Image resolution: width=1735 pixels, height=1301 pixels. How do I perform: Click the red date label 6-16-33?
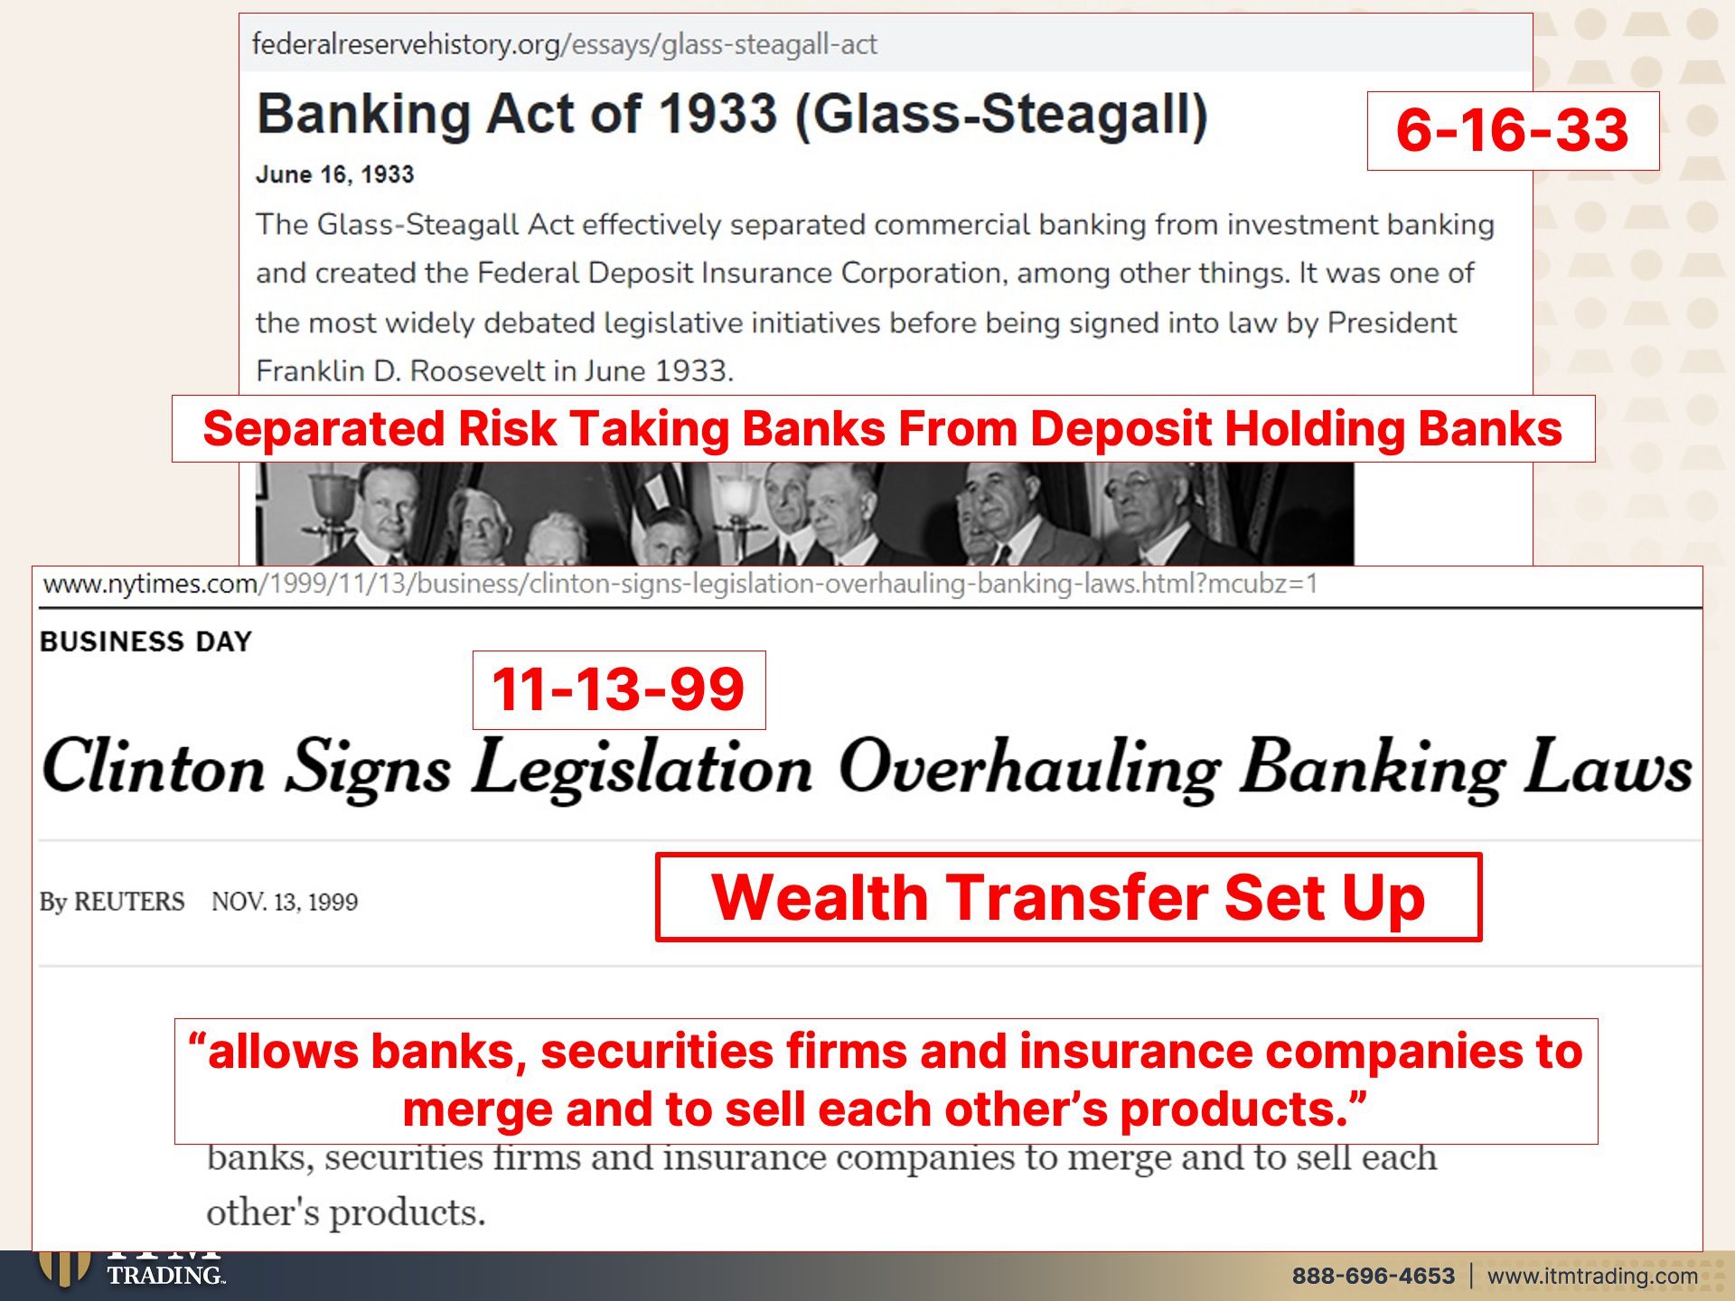pyautogui.click(x=1512, y=130)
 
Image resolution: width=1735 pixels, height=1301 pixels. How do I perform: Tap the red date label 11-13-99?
pyautogui.click(x=618, y=689)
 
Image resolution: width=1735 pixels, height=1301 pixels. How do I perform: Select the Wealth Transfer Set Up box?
pyautogui.click(x=1068, y=897)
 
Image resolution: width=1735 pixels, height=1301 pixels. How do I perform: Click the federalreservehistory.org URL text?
pyautogui.click(x=565, y=44)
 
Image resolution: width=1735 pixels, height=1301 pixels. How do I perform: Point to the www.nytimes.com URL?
pyautogui.click(x=680, y=584)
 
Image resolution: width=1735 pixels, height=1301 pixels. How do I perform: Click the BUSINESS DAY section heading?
pyautogui.click(x=146, y=641)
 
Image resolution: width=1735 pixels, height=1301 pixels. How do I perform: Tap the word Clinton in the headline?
pyautogui.click(x=154, y=768)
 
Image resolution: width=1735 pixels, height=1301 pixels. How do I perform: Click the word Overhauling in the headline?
pyautogui.click(x=1030, y=768)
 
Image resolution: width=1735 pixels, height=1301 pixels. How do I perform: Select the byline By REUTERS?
pyautogui.click(x=112, y=902)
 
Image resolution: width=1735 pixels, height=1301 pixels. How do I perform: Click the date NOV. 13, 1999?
pyautogui.click(x=285, y=902)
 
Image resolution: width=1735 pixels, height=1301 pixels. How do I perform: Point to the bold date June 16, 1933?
pyautogui.click(x=335, y=174)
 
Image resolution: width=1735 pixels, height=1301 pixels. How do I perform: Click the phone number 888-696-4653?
pyautogui.click(x=1374, y=1276)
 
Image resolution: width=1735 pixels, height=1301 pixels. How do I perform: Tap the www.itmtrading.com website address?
pyautogui.click(x=1593, y=1276)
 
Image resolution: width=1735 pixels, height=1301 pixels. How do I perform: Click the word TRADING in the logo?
pyautogui.click(x=165, y=1275)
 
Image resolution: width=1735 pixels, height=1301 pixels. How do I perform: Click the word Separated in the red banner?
pyautogui.click(x=324, y=429)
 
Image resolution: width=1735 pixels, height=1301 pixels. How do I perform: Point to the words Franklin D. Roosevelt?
pyautogui.click(x=400, y=370)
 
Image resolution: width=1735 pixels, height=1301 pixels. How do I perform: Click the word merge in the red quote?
pyautogui.click(x=477, y=1109)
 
